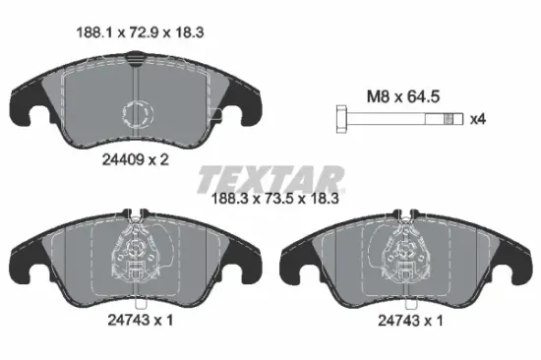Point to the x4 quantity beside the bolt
tap(479, 119)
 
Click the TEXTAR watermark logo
tap(270, 177)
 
